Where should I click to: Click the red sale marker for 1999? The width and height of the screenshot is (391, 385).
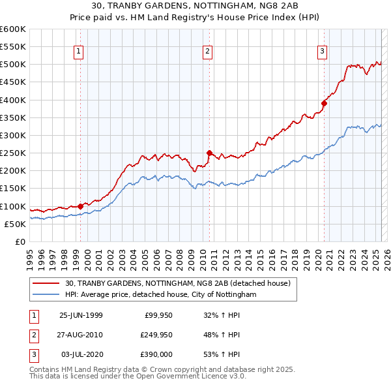(x=81, y=206)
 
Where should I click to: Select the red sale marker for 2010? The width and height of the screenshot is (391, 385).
(x=209, y=153)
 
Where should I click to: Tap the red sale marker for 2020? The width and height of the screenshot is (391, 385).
(x=324, y=103)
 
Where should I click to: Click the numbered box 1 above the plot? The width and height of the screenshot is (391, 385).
(x=78, y=52)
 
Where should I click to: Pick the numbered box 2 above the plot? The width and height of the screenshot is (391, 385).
(x=207, y=52)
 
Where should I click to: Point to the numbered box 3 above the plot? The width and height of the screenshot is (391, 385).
(x=322, y=52)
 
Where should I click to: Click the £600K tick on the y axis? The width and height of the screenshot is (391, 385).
(x=13, y=29)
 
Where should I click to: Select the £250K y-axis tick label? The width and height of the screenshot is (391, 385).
(x=13, y=153)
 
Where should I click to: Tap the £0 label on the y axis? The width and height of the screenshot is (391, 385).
(x=20, y=241)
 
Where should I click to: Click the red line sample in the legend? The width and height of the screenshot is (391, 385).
(x=47, y=283)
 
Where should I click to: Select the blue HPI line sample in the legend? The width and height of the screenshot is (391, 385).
(x=47, y=294)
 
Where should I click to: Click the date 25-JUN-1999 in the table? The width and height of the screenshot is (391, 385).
(x=81, y=316)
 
